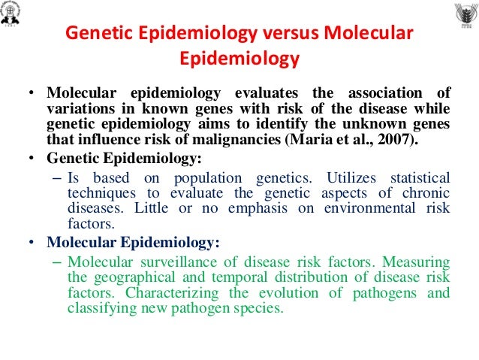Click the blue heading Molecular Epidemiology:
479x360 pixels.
click(x=133, y=242)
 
